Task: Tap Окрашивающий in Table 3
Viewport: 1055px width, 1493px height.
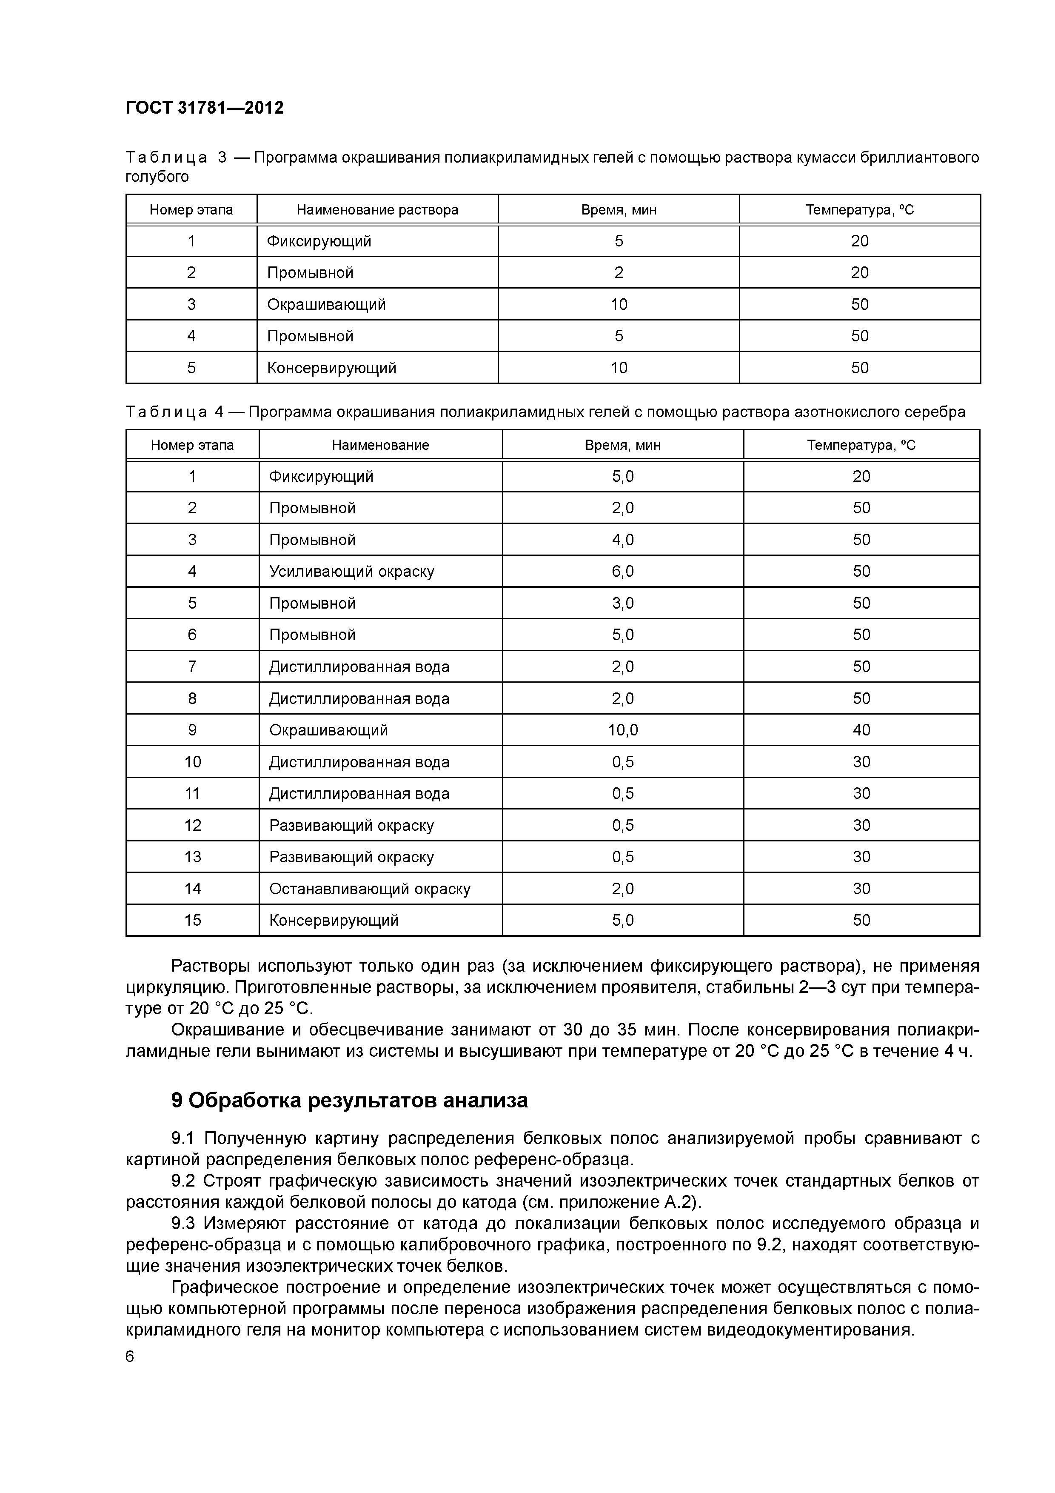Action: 326,304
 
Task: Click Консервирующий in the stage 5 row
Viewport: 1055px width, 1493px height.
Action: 331,368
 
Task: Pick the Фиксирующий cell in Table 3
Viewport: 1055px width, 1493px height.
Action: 319,241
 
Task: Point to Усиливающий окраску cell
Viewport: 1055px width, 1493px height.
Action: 352,572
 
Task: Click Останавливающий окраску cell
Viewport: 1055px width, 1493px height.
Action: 369,889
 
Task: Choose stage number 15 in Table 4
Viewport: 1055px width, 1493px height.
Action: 192,921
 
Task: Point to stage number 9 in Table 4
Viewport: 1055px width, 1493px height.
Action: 192,730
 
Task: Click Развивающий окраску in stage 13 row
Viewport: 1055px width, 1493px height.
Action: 351,857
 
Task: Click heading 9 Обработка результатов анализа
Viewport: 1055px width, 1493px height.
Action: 349,1100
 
